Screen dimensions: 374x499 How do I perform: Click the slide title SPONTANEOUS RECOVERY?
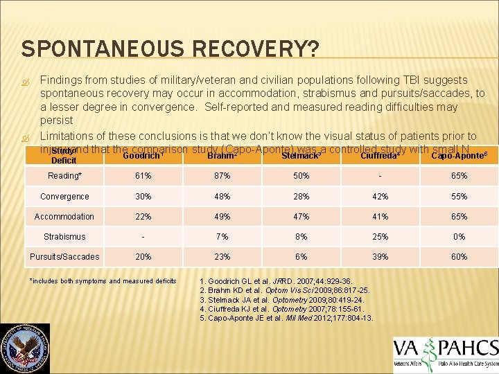coord(170,49)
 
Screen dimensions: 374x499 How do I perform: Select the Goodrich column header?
coord(143,156)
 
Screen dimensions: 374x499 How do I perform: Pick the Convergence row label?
coord(64,196)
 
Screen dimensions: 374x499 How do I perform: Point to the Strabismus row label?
coord(64,236)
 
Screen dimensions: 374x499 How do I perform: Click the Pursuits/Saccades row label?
coord(64,257)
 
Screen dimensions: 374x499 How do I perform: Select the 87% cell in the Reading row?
coord(222,176)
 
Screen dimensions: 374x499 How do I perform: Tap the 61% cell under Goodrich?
coord(143,176)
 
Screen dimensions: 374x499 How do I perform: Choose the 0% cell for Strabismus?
coord(459,236)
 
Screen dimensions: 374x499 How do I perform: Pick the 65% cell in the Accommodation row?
coord(459,216)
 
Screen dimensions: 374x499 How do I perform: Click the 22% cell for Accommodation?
coord(143,216)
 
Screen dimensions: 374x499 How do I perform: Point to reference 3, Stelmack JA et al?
coord(281,300)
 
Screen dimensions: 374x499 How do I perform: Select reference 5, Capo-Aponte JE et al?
coord(286,318)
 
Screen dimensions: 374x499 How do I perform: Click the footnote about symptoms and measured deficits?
coord(103,280)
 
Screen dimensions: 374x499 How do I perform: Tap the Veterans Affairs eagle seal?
coord(24,348)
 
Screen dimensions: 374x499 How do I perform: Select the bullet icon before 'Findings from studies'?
coord(26,81)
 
